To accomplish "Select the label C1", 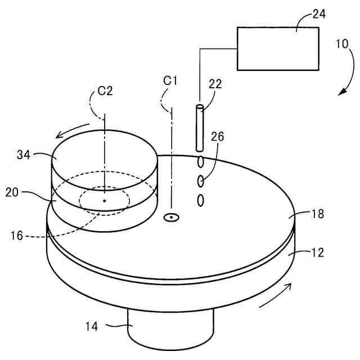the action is (170, 80).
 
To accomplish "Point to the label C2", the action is (105, 91).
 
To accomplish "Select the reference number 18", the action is (317, 214).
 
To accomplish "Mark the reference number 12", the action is (317, 253).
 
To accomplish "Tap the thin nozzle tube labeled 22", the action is (199, 128).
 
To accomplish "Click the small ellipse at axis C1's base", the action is (170, 217).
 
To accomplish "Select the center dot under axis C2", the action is (104, 200).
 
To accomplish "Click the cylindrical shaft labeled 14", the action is (170, 332).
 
